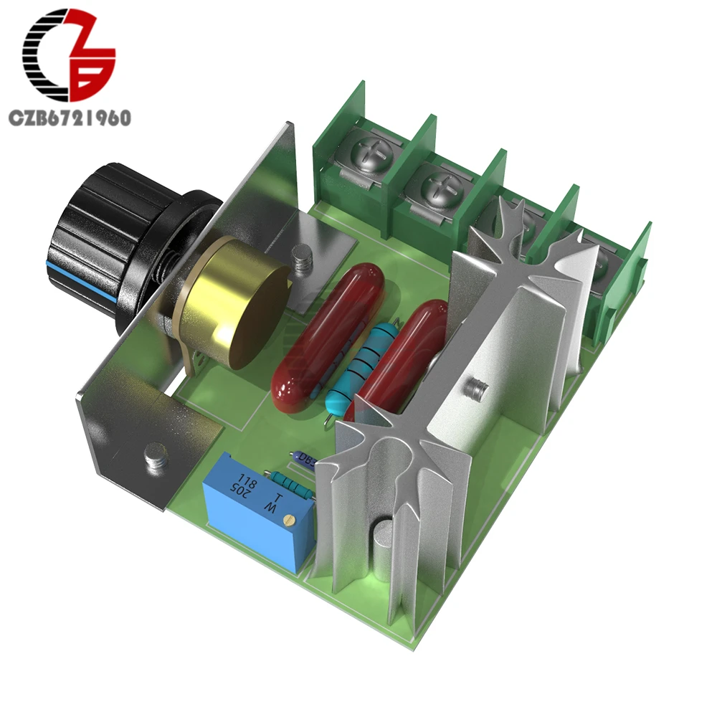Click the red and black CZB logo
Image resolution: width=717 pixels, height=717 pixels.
point(69,57)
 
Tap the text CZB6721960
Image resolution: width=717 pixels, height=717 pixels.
point(69,118)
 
